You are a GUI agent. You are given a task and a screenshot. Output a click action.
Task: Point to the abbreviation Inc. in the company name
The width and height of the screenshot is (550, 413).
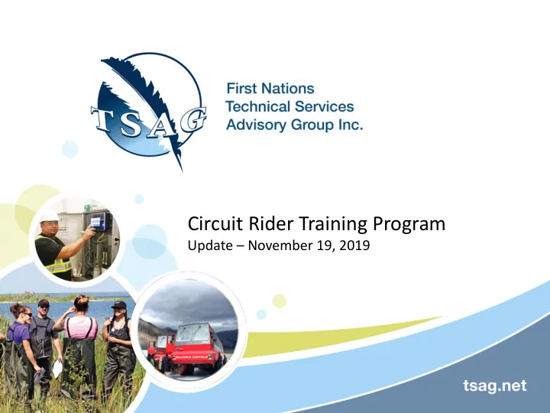point(351,125)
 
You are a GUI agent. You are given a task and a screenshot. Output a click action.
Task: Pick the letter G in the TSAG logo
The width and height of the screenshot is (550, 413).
point(192,119)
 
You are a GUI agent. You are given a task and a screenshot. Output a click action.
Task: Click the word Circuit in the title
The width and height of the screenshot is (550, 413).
point(215,223)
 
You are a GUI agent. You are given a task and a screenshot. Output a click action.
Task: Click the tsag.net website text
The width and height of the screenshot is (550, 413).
point(494,385)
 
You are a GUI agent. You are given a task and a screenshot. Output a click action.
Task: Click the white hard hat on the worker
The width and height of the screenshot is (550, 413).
point(50,216)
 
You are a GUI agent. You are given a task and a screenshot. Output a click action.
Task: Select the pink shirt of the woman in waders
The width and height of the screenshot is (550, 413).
point(80,327)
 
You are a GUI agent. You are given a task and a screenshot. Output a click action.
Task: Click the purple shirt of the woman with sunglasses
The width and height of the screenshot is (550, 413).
point(17,332)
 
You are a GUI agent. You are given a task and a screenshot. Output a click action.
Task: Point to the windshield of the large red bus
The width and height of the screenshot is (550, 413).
point(192,333)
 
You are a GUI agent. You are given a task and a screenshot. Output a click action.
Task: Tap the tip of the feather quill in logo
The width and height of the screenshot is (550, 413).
point(183,171)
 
